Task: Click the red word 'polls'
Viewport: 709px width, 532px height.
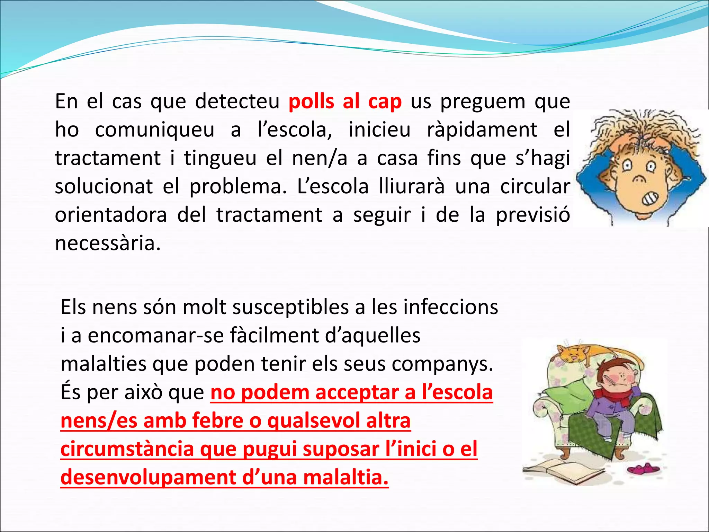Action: coord(311,102)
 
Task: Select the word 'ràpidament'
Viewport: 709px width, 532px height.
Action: coord(482,130)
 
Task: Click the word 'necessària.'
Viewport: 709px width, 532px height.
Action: coord(108,243)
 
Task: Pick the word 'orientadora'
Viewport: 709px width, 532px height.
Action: coord(111,215)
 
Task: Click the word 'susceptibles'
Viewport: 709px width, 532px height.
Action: coord(290,308)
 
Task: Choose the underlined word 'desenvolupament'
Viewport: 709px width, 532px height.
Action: coord(148,477)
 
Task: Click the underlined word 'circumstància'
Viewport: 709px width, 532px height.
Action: coord(127,449)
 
